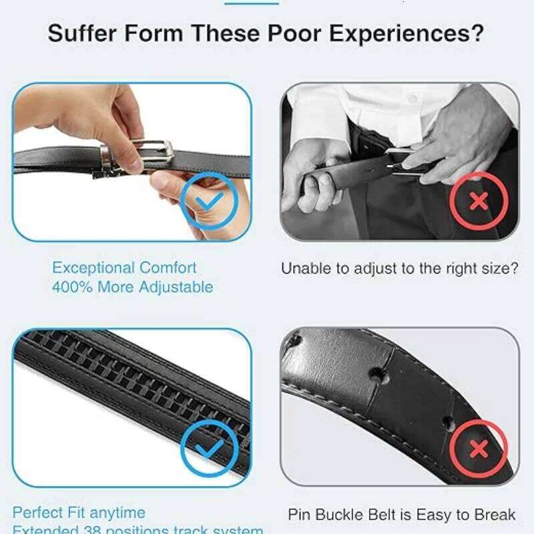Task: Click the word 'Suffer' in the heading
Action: [x=82, y=34]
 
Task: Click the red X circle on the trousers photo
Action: [x=478, y=200]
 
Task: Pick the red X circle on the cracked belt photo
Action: [x=479, y=449]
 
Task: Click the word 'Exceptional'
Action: [x=93, y=268]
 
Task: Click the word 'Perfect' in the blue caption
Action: [x=39, y=513]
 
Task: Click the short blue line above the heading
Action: [x=252, y=3]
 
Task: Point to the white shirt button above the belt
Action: [x=413, y=98]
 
